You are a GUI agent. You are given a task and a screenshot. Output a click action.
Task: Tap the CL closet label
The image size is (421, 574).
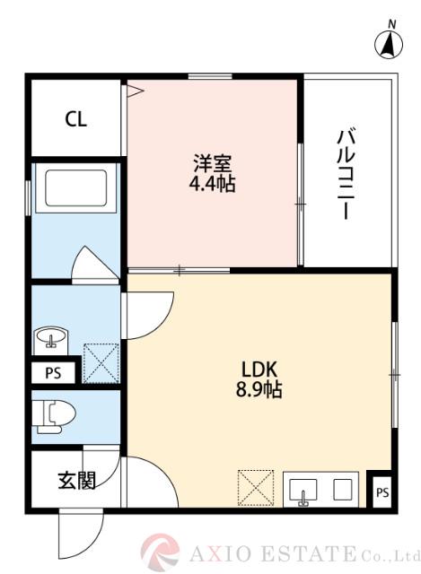(75, 119)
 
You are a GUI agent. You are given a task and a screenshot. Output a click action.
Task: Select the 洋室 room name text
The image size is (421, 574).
(213, 165)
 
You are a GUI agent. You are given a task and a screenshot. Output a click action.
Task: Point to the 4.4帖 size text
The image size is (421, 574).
(213, 186)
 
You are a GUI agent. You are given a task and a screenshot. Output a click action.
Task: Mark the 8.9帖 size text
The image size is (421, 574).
(261, 391)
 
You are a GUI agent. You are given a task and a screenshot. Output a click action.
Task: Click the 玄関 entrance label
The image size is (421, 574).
(77, 481)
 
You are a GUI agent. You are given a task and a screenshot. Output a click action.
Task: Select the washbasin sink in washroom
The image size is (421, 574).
(52, 339)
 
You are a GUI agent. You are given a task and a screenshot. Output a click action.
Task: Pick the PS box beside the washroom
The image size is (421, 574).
(51, 374)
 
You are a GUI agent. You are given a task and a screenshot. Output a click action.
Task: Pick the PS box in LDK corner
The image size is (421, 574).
(382, 491)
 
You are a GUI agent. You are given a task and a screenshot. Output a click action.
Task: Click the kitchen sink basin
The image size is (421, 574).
(303, 491)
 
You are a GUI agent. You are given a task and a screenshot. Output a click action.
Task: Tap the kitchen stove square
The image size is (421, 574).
(342, 490)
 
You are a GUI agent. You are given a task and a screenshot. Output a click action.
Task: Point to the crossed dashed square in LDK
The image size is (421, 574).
(255, 488)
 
